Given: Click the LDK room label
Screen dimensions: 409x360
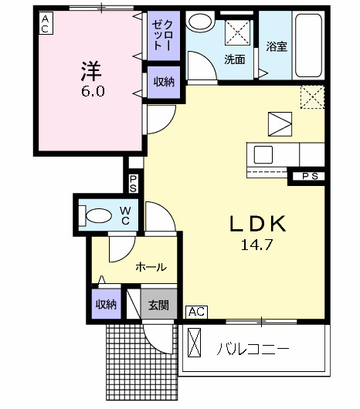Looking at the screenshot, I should (258, 224).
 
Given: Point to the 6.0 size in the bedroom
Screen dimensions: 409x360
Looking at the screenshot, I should (90, 91).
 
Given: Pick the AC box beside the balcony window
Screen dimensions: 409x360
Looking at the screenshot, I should (196, 313).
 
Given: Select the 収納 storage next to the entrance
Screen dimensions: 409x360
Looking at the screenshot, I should (106, 303).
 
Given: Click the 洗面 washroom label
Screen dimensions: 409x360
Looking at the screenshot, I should (236, 59).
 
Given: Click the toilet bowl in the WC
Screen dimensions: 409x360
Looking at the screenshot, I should (97, 216).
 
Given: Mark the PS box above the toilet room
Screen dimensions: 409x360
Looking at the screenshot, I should (133, 184).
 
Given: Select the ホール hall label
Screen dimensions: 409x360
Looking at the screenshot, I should (151, 267).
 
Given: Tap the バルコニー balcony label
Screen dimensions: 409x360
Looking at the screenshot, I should (253, 349).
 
